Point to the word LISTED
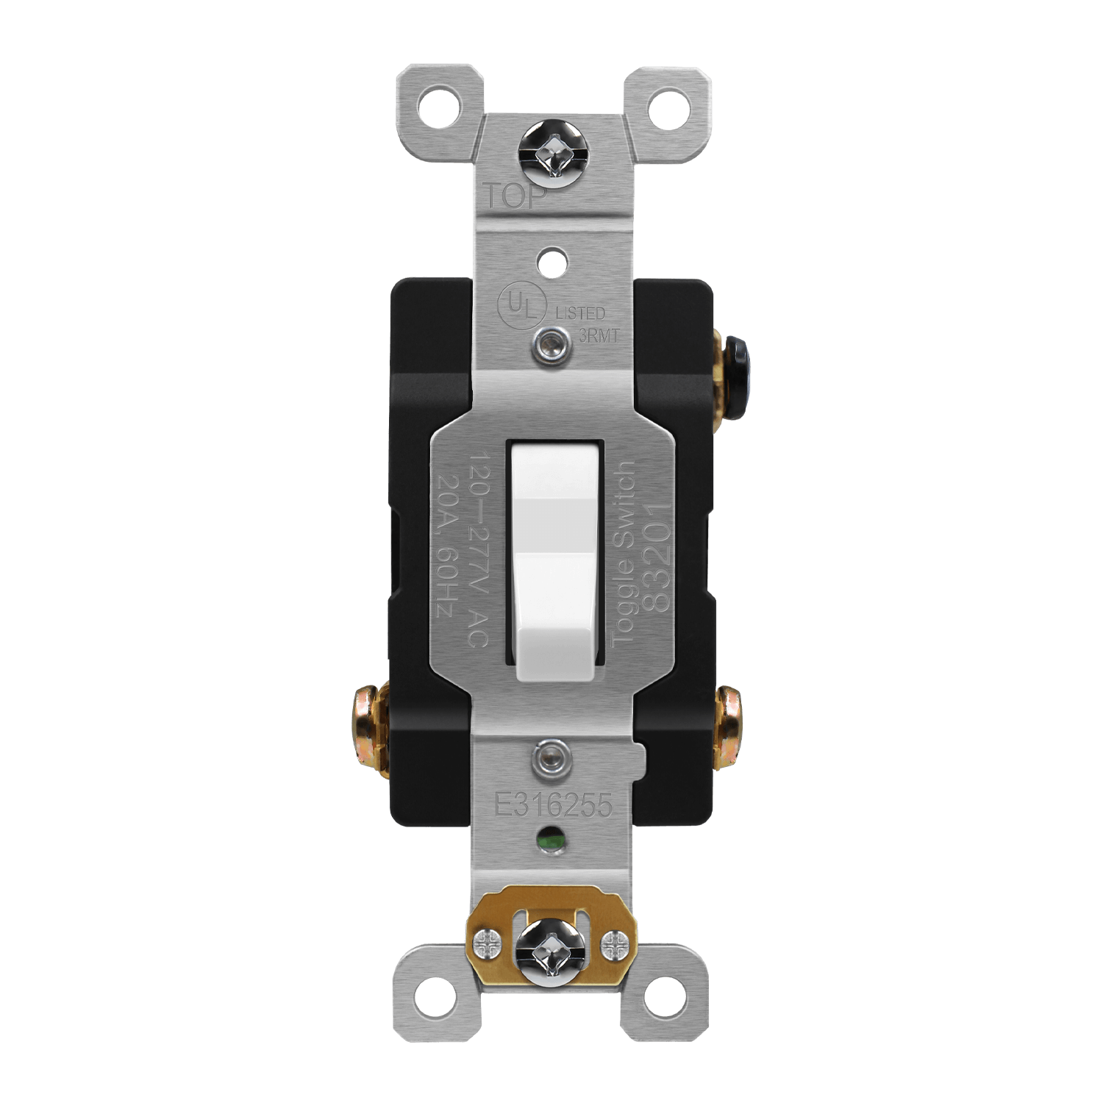(x=580, y=314)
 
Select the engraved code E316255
(x=553, y=805)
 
